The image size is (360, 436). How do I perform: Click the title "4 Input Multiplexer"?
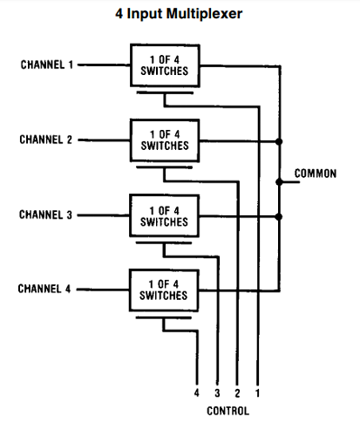(x=179, y=14)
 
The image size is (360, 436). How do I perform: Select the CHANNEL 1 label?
(x=47, y=65)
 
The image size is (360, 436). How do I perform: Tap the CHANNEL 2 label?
(x=45, y=140)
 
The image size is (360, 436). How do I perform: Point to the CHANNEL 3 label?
(x=45, y=215)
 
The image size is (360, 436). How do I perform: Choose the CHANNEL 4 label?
(x=44, y=289)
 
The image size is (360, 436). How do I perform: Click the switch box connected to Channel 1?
(x=165, y=65)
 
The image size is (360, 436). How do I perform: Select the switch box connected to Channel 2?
(x=165, y=140)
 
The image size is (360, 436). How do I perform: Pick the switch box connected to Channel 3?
(x=164, y=215)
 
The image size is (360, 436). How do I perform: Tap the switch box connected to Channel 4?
(x=164, y=290)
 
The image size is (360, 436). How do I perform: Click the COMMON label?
(x=316, y=174)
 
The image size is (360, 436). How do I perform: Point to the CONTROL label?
(x=228, y=411)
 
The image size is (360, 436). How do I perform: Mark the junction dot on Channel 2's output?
(x=279, y=141)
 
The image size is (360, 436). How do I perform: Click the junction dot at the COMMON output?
(x=279, y=182)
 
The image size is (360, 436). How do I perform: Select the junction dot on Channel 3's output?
(x=279, y=216)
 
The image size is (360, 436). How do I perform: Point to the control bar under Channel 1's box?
(x=165, y=92)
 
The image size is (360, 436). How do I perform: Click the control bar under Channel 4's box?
(x=164, y=317)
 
